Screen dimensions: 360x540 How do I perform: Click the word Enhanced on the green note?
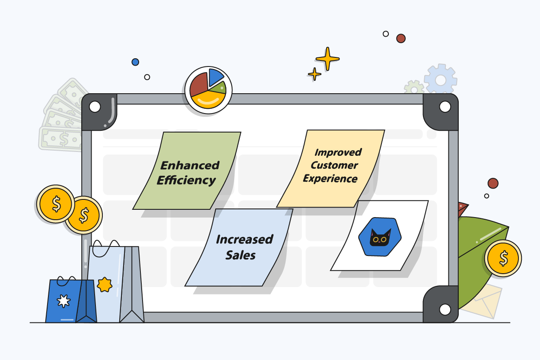click(x=190, y=165)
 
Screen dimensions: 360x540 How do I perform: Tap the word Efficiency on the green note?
click(x=186, y=180)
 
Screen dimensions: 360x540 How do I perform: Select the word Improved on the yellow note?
click(x=338, y=152)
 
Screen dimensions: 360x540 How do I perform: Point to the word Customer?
click(x=334, y=165)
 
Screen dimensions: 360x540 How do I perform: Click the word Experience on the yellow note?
click(x=330, y=179)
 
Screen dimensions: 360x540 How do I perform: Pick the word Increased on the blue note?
click(x=245, y=240)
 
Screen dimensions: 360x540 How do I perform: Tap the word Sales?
click(x=241, y=255)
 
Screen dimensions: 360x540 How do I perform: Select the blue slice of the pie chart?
click(x=215, y=77)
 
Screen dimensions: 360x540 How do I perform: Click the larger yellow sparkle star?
click(x=327, y=59)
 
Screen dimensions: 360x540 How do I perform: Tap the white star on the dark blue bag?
click(x=64, y=301)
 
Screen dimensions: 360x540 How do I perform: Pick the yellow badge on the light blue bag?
click(x=105, y=284)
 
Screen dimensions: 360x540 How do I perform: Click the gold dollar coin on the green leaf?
click(x=503, y=258)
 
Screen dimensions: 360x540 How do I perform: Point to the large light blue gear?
click(x=440, y=80)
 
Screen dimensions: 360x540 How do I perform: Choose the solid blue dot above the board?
click(x=135, y=62)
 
